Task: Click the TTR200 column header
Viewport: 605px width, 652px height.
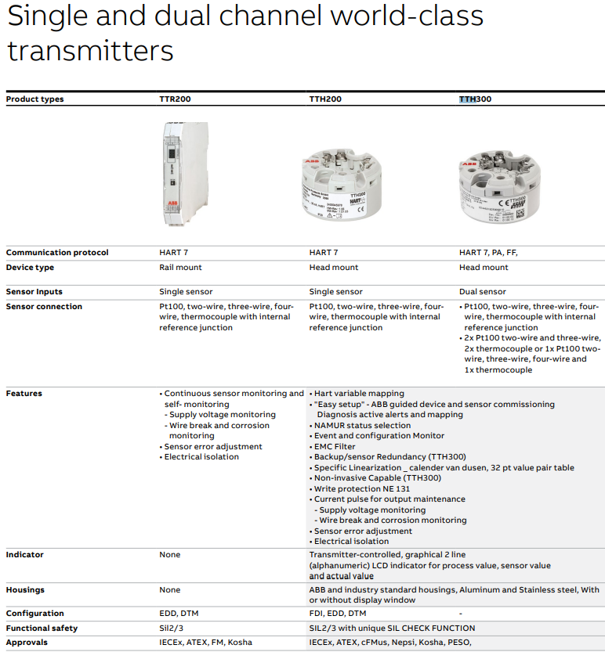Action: tap(175, 99)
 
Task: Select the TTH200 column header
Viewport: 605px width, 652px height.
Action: tap(324, 99)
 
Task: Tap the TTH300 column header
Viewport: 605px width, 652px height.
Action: tap(475, 99)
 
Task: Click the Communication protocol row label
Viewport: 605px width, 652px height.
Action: tap(57, 253)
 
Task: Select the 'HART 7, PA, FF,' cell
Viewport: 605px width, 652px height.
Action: tap(488, 253)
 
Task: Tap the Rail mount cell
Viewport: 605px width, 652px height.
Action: tap(181, 268)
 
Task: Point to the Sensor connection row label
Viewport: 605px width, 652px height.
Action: tap(44, 307)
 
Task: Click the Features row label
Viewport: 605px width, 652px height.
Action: tap(24, 394)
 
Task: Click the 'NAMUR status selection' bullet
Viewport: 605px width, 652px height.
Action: tap(362, 425)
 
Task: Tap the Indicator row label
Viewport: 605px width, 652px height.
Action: tap(25, 555)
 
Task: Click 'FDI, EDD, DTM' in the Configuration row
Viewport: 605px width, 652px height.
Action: tap(338, 614)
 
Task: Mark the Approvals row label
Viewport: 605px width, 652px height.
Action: tap(27, 643)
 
